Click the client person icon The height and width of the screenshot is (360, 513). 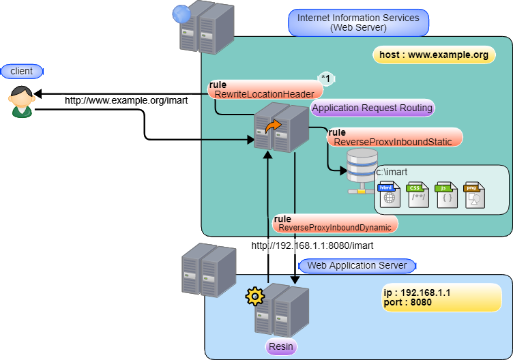click(x=22, y=102)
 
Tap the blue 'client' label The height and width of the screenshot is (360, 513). click(x=22, y=71)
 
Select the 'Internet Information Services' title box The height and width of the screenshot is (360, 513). click(x=358, y=22)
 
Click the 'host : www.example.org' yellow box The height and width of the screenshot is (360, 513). click(x=435, y=55)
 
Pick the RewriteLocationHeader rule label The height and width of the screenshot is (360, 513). click(x=265, y=89)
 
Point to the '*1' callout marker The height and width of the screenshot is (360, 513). click(x=326, y=79)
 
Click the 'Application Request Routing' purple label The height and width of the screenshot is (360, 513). click(x=372, y=108)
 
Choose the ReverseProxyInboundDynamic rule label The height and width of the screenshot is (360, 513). click(x=335, y=223)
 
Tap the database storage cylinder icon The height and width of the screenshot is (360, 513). click(x=362, y=171)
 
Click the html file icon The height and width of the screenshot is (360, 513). click(x=389, y=195)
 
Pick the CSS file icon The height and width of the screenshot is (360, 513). click(x=418, y=195)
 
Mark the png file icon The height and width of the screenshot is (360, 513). click(x=474, y=195)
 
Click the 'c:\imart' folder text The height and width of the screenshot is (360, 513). click(x=392, y=172)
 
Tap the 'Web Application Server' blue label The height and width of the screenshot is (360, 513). click(x=357, y=266)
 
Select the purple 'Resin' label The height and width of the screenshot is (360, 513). click(x=280, y=347)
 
